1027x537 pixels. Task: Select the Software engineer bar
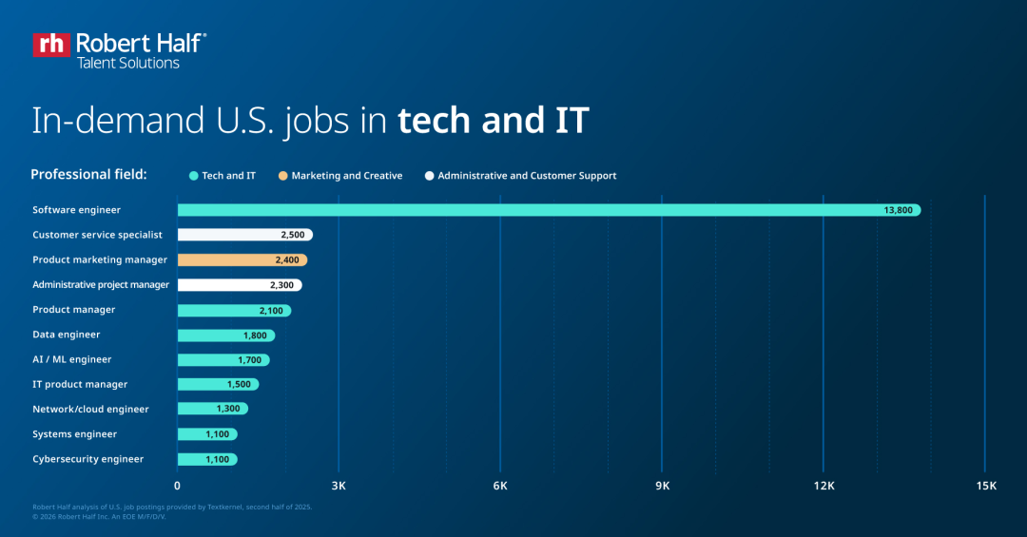(x=549, y=210)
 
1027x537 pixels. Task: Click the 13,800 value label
(x=898, y=210)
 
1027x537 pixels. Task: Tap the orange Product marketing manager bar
(x=242, y=259)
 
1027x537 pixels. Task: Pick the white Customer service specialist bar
(x=244, y=235)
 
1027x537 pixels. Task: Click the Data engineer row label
(x=67, y=335)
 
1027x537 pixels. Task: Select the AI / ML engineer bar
(x=223, y=360)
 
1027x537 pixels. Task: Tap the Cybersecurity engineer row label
(x=88, y=459)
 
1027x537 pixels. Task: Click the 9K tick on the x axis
(x=663, y=486)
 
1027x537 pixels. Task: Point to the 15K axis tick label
(x=986, y=486)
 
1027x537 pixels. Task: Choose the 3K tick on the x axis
(x=339, y=486)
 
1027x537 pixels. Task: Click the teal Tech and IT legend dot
(x=193, y=176)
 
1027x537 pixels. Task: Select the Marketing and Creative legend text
(x=347, y=176)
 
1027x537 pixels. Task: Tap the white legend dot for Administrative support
(x=430, y=176)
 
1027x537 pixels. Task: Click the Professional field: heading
(x=88, y=175)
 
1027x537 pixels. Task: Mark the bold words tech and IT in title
(x=494, y=121)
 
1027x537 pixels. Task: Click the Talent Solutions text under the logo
(x=127, y=63)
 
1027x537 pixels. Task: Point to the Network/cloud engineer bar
(x=212, y=409)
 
